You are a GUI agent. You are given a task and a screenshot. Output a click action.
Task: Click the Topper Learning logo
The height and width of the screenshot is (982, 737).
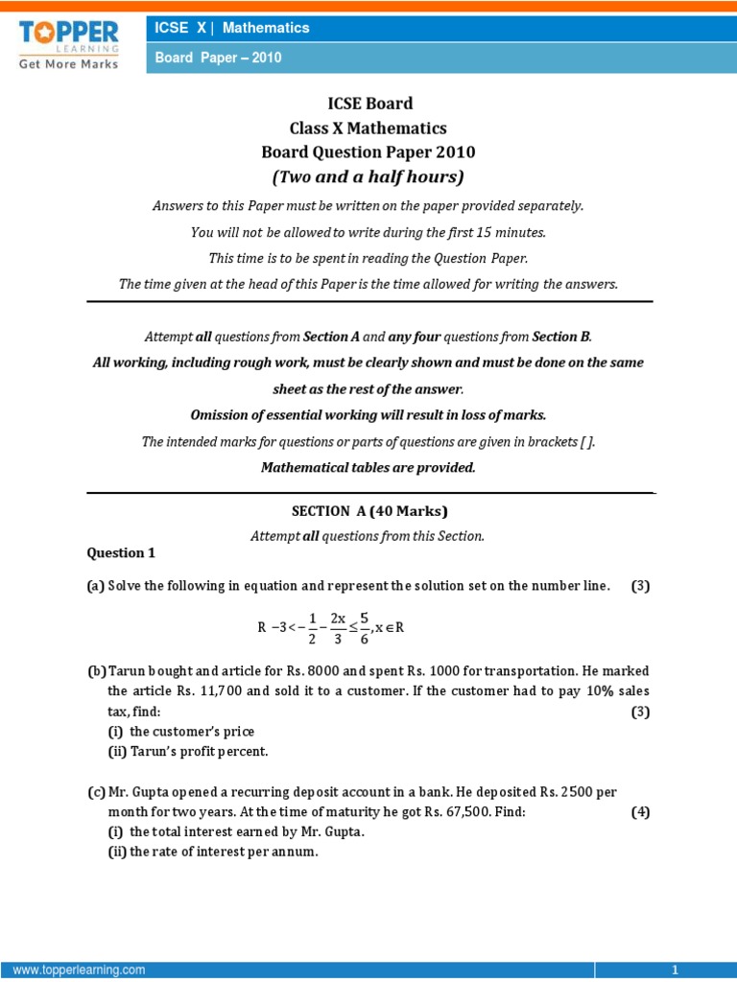(x=69, y=44)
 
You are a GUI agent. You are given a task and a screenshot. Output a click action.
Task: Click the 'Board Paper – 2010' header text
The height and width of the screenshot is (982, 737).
(x=219, y=58)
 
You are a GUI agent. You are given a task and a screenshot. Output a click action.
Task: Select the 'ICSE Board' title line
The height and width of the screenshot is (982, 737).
(x=369, y=104)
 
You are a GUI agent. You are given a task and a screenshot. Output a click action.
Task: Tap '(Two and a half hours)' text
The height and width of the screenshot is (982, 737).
(x=369, y=176)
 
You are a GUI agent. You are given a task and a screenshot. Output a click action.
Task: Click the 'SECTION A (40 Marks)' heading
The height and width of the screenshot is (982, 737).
(x=369, y=511)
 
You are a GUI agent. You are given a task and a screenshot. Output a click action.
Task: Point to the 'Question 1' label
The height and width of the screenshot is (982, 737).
(x=121, y=552)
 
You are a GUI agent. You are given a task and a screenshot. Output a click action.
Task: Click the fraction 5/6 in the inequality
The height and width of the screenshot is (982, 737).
(x=365, y=627)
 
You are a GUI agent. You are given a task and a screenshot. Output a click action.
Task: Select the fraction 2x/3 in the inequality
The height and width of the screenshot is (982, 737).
(x=337, y=627)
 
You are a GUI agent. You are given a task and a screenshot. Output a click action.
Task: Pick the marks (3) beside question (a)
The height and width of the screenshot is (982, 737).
(x=640, y=586)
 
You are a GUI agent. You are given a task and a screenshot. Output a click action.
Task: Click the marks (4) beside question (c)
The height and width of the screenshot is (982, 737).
(x=640, y=812)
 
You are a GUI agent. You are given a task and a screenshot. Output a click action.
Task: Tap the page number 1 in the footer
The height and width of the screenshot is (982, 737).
(x=675, y=970)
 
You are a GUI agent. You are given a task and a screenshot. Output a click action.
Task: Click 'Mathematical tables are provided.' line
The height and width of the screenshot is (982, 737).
(x=368, y=468)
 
